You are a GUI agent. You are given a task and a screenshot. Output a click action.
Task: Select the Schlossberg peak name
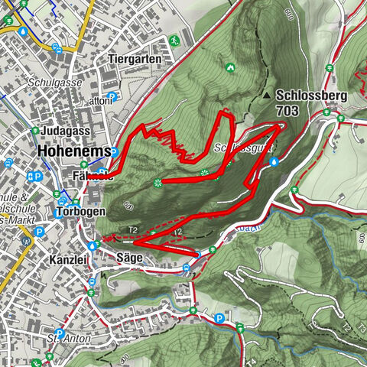[313, 96]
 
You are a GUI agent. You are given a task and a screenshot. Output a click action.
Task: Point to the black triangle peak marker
[266, 96]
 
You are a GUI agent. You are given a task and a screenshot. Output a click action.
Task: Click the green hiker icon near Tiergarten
[176, 38]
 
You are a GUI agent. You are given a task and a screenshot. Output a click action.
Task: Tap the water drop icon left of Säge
[93, 246]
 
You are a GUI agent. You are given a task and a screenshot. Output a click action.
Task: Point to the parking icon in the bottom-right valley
[219, 318]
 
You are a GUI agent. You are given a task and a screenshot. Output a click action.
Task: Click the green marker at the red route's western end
[157, 181]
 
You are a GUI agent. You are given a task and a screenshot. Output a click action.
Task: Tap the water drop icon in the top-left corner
[23, 32]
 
